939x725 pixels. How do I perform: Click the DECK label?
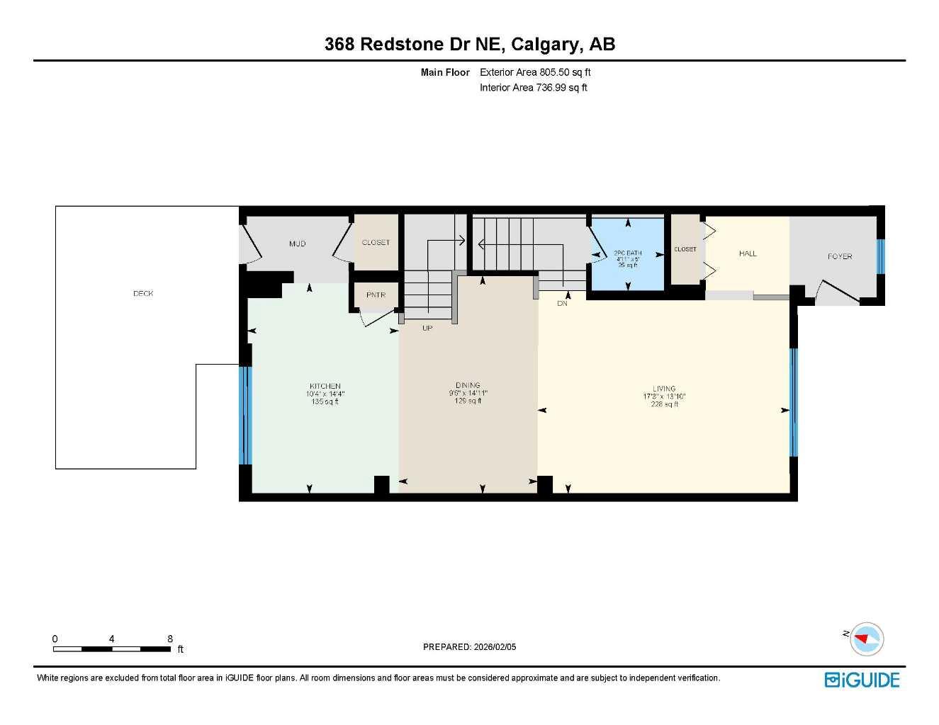point(143,293)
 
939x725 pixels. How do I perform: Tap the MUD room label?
point(297,244)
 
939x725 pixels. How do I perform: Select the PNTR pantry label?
point(376,295)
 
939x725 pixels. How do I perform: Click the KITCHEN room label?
point(325,387)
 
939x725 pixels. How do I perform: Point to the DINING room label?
point(468,386)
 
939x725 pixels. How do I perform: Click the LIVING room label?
point(664,389)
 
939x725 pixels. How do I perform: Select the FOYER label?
point(840,256)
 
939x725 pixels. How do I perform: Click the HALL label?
point(748,253)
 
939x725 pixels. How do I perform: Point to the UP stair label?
point(427,328)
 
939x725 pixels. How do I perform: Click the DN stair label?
point(562,303)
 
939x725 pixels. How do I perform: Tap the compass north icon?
point(865,639)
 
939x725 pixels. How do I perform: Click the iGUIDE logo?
point(862,680)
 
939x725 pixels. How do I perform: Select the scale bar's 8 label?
point(170,639)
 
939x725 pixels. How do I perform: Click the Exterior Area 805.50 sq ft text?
point(535,72)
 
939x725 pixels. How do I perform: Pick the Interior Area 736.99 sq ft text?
point(534,88)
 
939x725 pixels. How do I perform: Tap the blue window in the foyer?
point(880,256)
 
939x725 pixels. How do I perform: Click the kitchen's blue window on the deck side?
point(244,415)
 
